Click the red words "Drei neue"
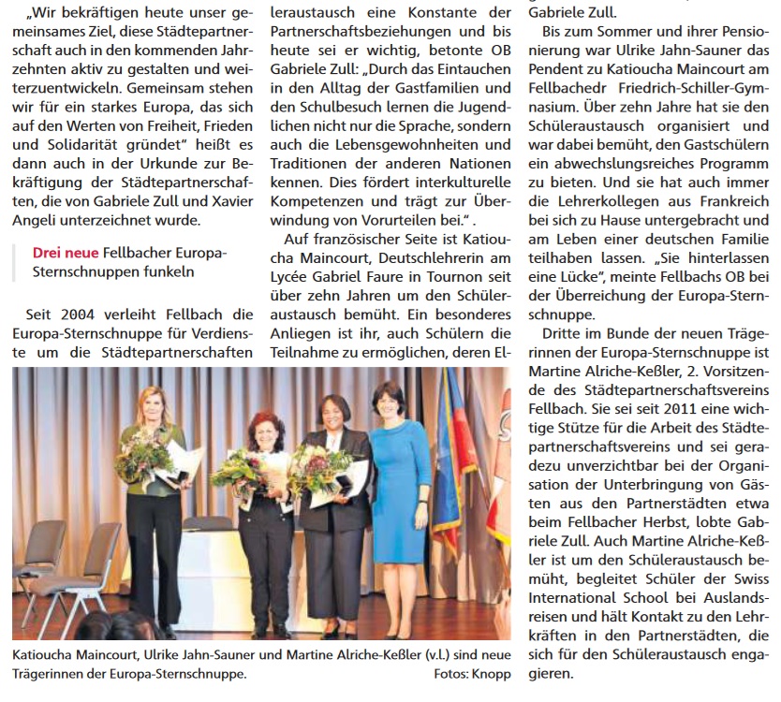click(61, 253)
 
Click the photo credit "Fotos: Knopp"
click(472, 673)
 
